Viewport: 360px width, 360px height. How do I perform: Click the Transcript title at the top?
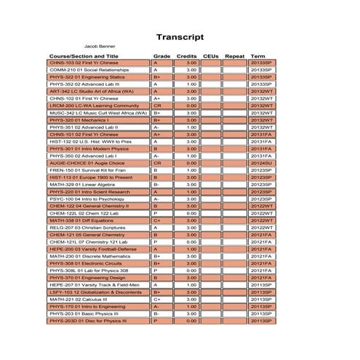[180, 37]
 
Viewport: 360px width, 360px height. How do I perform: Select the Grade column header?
[161, 56]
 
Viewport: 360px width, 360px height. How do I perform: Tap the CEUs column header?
[211, 56]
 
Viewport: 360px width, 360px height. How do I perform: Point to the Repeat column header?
[235, 56]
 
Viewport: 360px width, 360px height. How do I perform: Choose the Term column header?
[257, 56]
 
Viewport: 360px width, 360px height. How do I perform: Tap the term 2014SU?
[261, 163]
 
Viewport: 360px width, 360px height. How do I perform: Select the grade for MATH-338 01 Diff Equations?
[156, 220]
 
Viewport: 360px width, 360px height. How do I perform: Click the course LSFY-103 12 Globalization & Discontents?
[95, 292]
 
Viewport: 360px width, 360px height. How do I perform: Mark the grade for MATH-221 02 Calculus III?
[156, 299]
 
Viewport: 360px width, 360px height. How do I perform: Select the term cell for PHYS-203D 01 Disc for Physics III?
[261, 321]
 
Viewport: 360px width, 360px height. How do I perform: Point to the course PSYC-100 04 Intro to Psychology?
[81, 199]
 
